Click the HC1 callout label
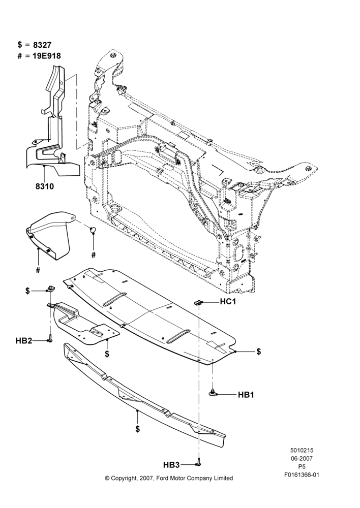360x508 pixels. (x=228, y=302)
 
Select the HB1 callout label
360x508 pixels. (x=246, y=395)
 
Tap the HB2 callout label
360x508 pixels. (x=24, y=341)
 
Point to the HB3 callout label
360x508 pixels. (x=171, y=465)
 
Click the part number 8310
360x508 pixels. (x=44, y=186)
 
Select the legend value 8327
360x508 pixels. (x=42, y=45)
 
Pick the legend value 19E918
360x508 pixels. (x=47, y=56)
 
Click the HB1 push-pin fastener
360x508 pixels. (x=213, y=393)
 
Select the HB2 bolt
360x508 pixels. (x=50, y=338)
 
